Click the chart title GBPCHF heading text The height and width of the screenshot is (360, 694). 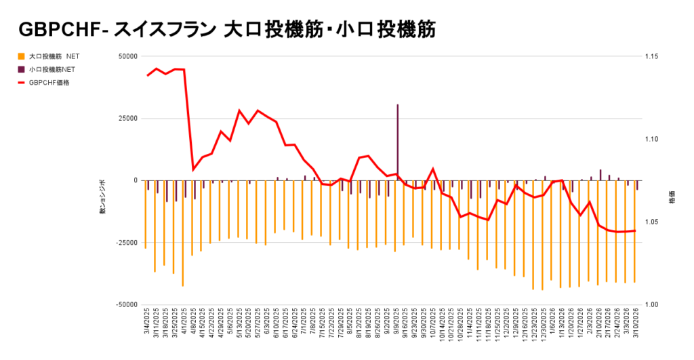click(227, 29)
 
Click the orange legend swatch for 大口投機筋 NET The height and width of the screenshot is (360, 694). click(22, 56)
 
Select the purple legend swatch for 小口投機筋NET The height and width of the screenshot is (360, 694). click(22, 69)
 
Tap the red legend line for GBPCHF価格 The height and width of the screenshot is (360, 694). click(22, 83)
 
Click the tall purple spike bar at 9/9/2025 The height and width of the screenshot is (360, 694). click(398, 142)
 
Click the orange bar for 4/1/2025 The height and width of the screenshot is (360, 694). click(183, 233)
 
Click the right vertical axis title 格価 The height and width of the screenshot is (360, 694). click(672, 201)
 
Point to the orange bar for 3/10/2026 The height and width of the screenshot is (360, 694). click(634, 231)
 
